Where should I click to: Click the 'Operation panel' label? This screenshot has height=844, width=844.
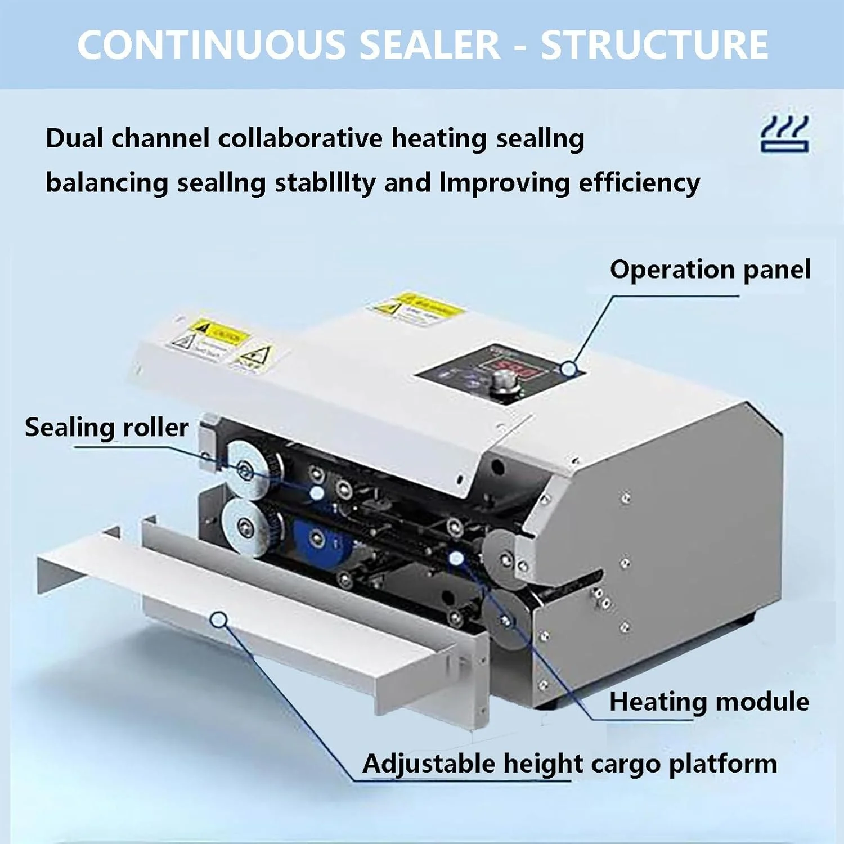[x=710, y=270]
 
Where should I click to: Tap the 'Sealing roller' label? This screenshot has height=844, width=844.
[x=106, y=428]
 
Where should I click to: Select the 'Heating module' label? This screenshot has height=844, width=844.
[x=709, y=702]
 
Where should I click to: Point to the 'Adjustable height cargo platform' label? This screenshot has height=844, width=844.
[x=569, y=764]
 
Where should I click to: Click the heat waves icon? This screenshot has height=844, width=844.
[x=784, y=134]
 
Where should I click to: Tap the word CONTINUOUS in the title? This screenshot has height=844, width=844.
[x=212, y=45]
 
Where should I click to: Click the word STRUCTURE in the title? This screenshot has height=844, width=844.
[x=654, y=45]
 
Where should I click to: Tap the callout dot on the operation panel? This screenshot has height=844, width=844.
[x=569, y=369]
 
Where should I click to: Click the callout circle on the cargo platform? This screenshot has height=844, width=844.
[x=219, y=620]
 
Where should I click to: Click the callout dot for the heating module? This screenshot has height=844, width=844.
[x=456, y=559]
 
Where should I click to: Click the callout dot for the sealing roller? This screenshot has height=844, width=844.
[x=317, y=493]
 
